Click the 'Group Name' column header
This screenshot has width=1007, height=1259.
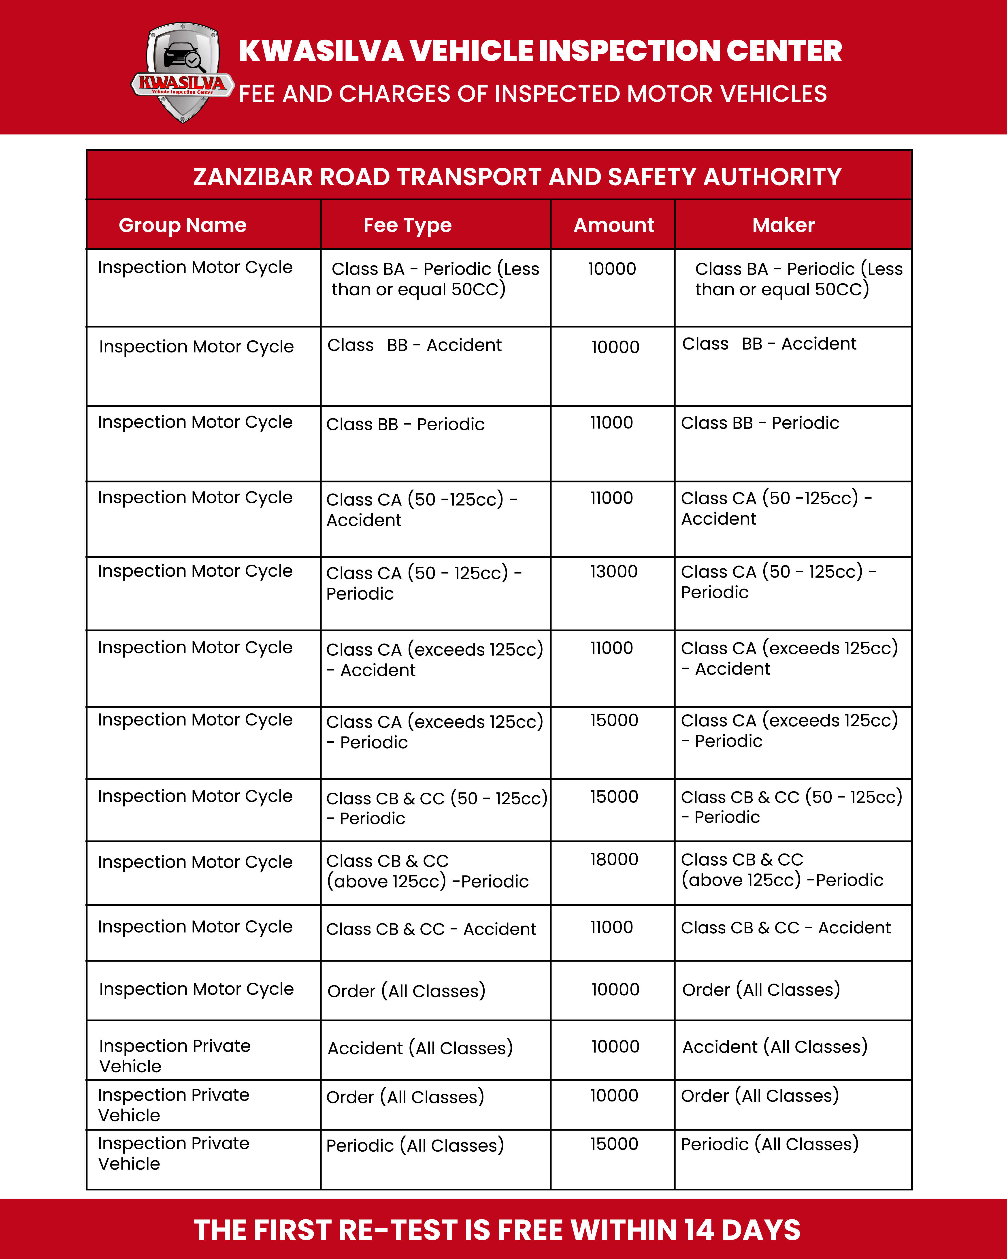[x=183, y=225]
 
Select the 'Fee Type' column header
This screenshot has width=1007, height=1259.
[x=407, y=225]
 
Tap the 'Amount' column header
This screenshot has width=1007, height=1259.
[x=613, y=225]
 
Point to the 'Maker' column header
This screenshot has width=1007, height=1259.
[x=783, y=225]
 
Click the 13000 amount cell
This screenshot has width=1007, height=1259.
[x=613, y=572]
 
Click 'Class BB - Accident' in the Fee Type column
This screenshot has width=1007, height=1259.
[x=415, y=345]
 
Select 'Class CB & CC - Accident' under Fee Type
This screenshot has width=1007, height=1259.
[x=431, y=929]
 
